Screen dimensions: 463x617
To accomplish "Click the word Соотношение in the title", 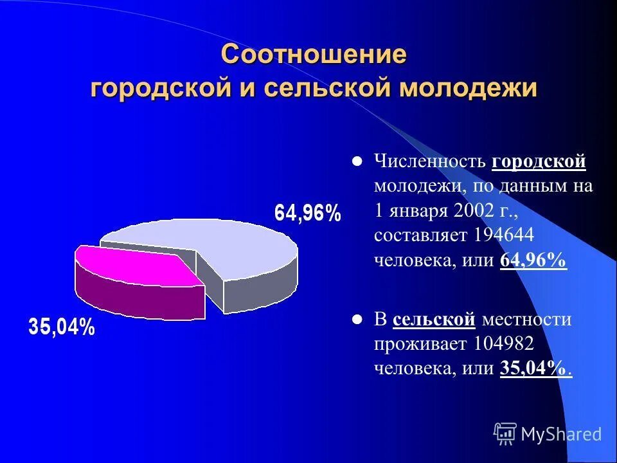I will click(x=314, y=55).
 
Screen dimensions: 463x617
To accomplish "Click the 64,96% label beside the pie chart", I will click(x=308, y=213).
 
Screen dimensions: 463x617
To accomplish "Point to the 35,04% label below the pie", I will click(x=62, y=328).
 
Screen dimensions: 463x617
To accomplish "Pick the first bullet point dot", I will click(x=357, y=161).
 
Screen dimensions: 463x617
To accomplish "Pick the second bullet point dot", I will click(x=357, y=320).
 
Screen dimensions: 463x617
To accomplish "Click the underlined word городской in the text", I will click(x=539, y=161).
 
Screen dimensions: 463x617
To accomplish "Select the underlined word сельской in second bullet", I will click(x=434, y=320).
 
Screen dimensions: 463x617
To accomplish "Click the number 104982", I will click(x=502, y=344).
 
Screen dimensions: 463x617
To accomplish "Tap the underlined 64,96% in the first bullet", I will click(x=533, y=260).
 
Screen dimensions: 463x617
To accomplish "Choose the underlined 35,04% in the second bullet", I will click(x=533, y=368).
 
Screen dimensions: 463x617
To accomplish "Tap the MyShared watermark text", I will click(x=561, y=435).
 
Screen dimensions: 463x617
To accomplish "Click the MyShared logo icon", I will click(x=505, y=434).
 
